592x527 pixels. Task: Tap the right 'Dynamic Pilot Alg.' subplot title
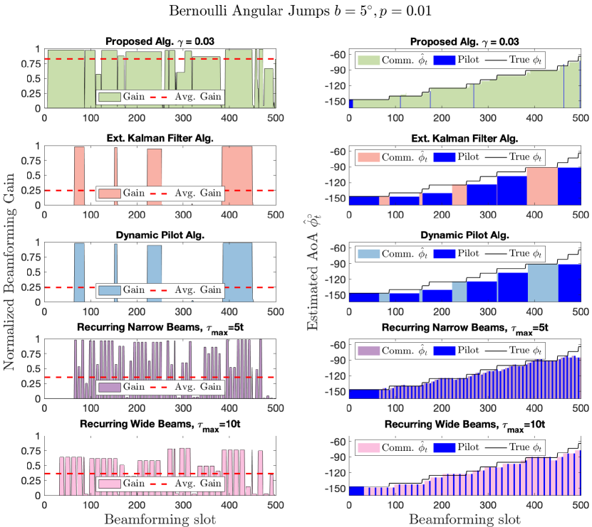pyautogui.click(x=464, y=234)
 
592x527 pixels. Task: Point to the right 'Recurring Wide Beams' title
pyautogui.click(x=464, y=427)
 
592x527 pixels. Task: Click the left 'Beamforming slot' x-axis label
pyautogui.click(x=160, y=518)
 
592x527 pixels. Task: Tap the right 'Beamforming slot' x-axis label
pyautogui.click(x=464, y=518)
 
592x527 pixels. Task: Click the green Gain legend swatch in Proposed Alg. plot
pyautogui.click(x=108, y=97)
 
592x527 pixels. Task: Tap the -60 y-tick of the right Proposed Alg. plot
pyautogui.click(x=338, y=55)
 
